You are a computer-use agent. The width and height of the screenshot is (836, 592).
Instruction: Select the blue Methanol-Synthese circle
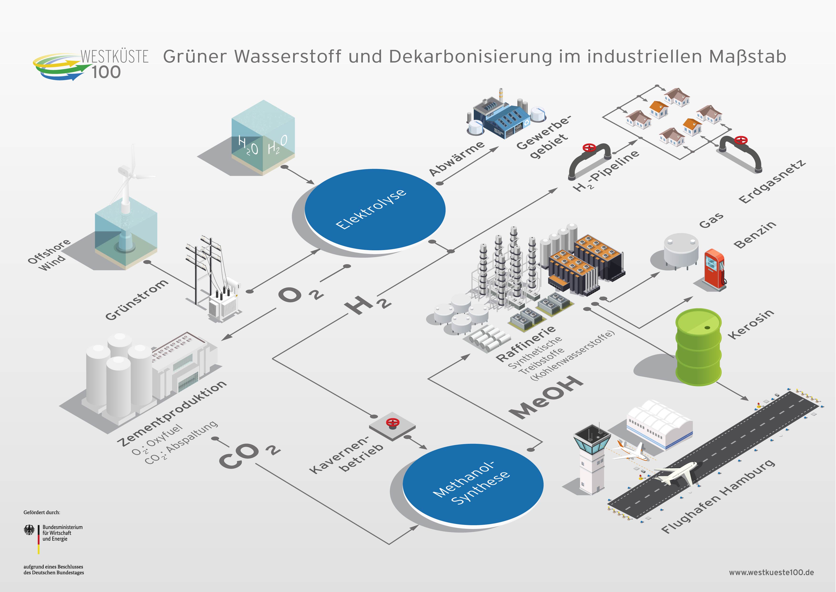[473, 484]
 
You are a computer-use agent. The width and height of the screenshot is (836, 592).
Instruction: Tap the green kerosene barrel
[698, 347]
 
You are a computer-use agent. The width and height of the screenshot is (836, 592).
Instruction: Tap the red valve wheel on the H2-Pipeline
[590, 148]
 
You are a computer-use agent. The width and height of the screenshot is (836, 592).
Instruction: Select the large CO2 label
[250, 455]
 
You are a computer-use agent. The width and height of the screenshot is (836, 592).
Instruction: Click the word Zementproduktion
[172, 413]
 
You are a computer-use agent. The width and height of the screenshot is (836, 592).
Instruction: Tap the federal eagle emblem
[29, 530]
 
